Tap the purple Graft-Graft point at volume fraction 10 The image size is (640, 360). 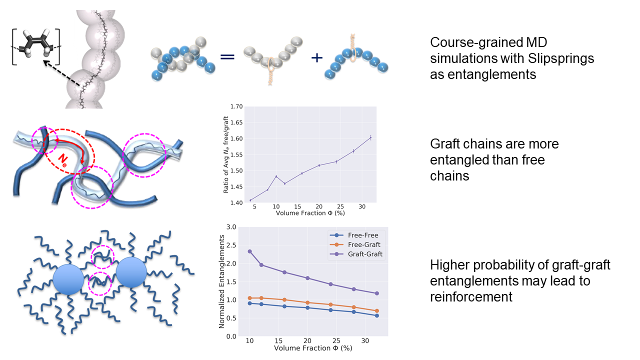click(x=249, y=251)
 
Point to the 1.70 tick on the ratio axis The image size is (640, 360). click(x=235, y=106)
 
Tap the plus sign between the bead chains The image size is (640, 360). click(x=317, y=57)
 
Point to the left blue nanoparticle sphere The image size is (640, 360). click(x=68, y=278)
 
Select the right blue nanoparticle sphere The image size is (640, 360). click(x=131, y=273)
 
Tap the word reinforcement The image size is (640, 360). click(x=471, y=296)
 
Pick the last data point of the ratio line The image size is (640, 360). click(x=370, y=137)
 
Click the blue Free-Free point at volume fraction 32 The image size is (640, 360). click(x=376, y=315)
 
